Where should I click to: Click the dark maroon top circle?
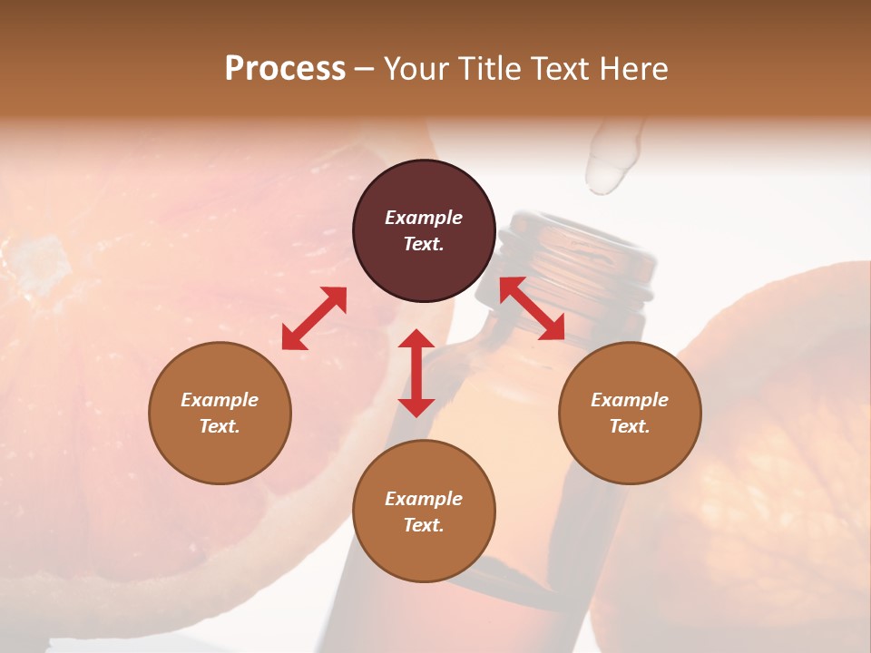coord(424,231)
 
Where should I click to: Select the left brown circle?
coord(220,413)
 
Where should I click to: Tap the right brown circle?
coord(630,413)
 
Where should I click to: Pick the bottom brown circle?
coord(424,512)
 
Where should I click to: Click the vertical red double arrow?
coord(416,373)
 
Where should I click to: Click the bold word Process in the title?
coord(285,69)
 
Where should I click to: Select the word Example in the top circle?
coord(424,218)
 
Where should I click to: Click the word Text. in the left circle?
coord(220,426)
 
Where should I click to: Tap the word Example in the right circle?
coord(630,400)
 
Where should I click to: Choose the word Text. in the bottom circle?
coord(424,525)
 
